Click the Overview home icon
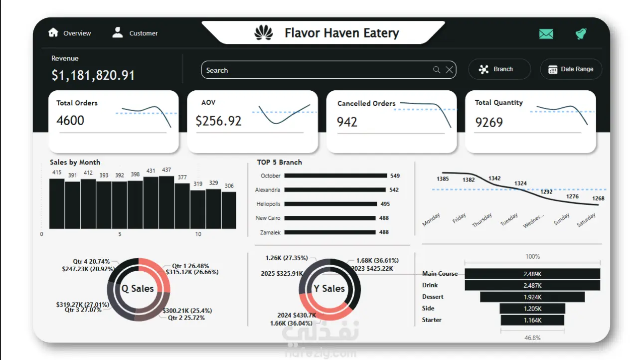point(53,32)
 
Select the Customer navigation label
point(144,33)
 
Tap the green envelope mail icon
point(546,34)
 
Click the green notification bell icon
point(581,34)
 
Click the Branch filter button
point(499,69)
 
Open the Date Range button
point(571,69)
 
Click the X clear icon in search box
point(449,70)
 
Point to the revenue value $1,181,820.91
point(93,75)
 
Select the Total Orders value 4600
point(70,120)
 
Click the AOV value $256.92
point(218,121)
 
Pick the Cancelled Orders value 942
point(347,122)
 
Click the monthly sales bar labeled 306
point(229,209)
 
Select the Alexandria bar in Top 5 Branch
point(335,190)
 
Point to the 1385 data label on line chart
point(443,179)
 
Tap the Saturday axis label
point(586,220)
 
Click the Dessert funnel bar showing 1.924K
point(532,297)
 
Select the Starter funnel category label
point(432,320)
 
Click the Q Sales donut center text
point(138,288)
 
